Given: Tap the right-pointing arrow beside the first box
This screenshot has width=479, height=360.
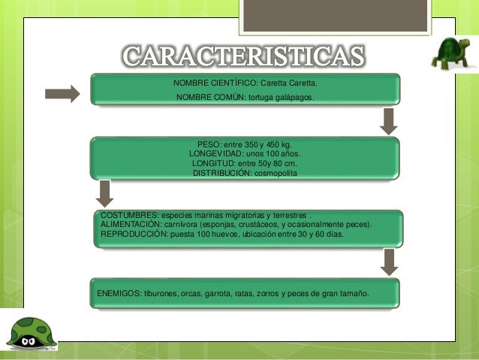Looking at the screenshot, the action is tap(62, 94).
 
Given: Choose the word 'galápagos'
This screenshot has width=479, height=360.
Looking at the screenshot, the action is tap(297, 98).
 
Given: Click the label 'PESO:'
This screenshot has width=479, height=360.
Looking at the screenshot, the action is tap(209, 144).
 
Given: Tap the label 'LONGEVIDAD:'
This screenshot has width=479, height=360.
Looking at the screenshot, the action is tap(217, 153).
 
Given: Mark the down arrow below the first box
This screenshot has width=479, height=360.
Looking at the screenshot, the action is tap(388, 121).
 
